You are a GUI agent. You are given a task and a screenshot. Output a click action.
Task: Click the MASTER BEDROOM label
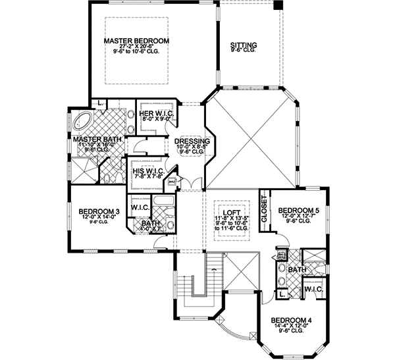pyautogui.click(x=137, y=41)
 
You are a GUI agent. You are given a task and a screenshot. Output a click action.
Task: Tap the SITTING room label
pyautogui.click(x=243, y=45)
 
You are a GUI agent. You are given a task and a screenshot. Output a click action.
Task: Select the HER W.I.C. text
pyautogui.click(x=156, y=113)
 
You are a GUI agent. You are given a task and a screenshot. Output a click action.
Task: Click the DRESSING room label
pyautogui.click(x=192, y=141)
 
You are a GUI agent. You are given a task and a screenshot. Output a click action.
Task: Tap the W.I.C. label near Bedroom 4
pyautogui.click(x=312, y=288)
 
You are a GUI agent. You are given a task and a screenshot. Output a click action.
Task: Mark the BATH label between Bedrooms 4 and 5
pyautogui.click(x=296, y=269)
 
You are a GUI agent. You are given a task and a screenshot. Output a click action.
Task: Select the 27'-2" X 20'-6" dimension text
pyautogui.click(x=136, y=48)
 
